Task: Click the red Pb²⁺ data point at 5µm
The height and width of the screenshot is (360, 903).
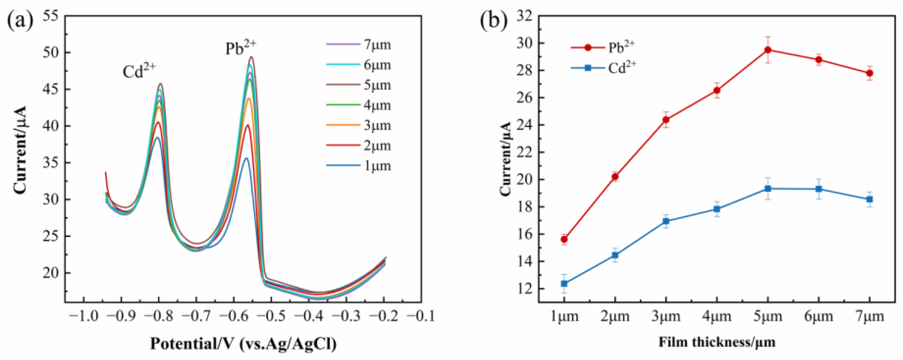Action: click(768, 50)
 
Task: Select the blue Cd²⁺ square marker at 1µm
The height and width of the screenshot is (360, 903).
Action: click(564, 283)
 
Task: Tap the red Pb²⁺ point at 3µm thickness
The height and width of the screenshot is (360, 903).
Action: click(666, 120)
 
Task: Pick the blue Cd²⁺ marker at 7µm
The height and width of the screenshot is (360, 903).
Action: click(870, 199)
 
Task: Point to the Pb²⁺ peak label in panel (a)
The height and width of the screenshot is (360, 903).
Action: click(241, 48)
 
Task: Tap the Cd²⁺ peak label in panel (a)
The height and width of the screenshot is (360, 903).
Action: click(139, 71)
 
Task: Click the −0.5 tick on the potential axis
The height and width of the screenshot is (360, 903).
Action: click(271, 317)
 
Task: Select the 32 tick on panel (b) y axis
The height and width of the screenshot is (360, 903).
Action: click(525, 16)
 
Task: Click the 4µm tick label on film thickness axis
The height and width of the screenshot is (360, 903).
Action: click(717, 317)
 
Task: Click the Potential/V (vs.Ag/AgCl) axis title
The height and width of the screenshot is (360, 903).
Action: click(243, 344)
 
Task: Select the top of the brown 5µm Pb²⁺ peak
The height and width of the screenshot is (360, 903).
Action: click(251, 57)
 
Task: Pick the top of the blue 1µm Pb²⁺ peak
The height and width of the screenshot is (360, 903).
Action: click(246, 158)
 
